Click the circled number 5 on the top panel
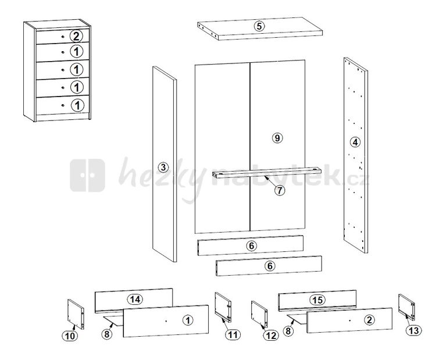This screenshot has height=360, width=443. pos(259,26)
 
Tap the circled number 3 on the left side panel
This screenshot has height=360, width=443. pos(163,167)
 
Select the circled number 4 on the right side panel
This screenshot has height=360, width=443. pos(355,142)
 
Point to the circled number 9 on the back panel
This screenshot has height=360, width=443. pos(277,138)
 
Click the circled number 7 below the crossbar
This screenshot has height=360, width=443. pos(280,190)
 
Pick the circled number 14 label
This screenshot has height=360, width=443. pos(135,299)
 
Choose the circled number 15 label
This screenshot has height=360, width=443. pos(317,300)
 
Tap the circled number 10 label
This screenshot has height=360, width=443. pos(70,336)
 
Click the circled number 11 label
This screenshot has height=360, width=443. pos(233,334)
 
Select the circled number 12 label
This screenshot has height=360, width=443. pos(271,336)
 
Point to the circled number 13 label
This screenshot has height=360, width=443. pos(413,330)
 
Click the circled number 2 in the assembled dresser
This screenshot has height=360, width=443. pos(76,36)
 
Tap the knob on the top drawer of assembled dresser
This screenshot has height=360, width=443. pos(63,37)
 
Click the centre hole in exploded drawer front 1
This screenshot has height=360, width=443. pos(166,321)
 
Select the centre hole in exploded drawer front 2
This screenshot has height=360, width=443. pos(350,320)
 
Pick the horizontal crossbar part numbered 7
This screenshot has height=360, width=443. pos(267,173)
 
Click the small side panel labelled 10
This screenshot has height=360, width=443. pos(76,314)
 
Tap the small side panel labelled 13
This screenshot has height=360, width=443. pos(406,307)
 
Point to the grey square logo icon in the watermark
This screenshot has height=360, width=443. pos(88,175)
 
